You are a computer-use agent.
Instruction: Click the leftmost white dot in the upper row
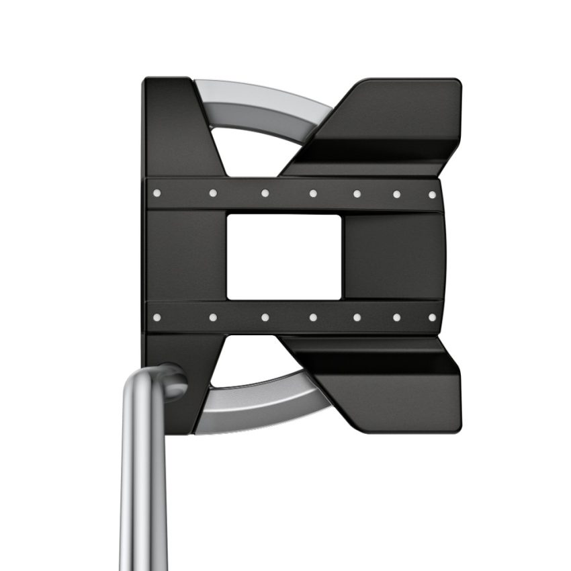157,193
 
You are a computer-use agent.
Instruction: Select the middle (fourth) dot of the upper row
313,193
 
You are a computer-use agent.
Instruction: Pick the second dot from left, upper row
213,193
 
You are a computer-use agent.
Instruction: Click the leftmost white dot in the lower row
157,317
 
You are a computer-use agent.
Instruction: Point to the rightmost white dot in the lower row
432,316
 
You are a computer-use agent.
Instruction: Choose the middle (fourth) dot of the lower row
313,317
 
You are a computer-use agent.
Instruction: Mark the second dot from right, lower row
396,317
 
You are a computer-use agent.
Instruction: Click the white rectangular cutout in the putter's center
283,257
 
